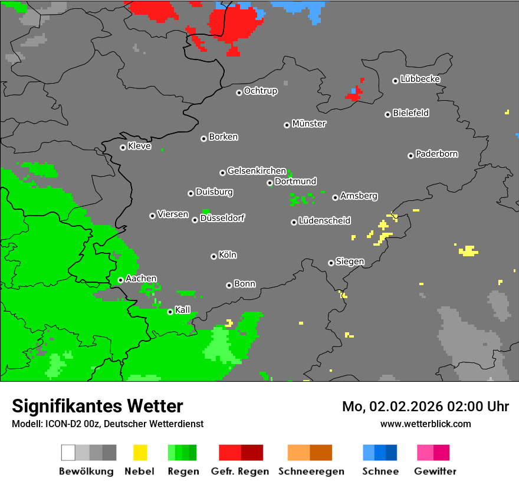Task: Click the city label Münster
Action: [309, 124]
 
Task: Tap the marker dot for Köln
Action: [213, 256]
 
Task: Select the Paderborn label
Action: [437, 154]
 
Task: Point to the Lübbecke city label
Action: [420, 79]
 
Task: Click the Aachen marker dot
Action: [120, 280]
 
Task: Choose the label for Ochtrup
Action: [261, 91]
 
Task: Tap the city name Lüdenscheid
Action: [324, 220]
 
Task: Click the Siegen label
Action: [350, 261]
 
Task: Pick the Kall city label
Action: [183, 309]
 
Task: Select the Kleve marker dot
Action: [123, 147]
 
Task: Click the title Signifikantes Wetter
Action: [97, 406]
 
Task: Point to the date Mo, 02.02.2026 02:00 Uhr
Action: [425, 407]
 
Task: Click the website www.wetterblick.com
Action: [425, 424]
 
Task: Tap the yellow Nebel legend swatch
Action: [140, 452]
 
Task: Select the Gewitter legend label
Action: [435, 471]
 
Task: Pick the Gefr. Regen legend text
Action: [240, 471]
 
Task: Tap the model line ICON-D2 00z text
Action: [108, 424]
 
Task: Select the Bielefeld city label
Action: [410, 113]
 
